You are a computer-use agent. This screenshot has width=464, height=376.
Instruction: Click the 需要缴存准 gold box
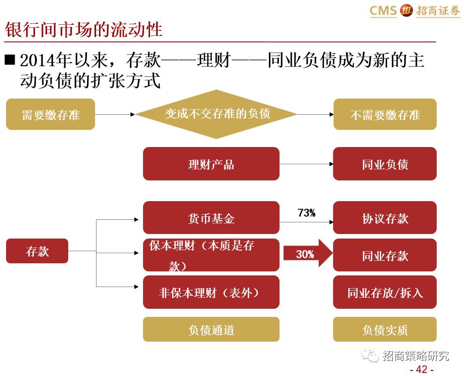[x=50, y=114]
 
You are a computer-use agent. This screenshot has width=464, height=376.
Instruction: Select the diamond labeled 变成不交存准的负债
[x=216, y=114]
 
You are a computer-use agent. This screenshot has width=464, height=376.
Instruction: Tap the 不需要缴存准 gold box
[x=385, y=114]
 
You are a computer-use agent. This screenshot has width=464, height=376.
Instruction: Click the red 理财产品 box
[x=211, y=164]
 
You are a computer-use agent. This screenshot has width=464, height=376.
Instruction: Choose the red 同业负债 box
[x=385, y=164]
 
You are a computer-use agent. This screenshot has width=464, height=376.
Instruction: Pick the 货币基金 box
[x=211, y=218]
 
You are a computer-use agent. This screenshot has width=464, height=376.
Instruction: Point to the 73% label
[x=306, y=213]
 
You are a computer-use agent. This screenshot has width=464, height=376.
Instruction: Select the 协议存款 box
[x=385, y=218]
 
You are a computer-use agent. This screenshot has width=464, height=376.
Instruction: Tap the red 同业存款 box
[x=385, y=255]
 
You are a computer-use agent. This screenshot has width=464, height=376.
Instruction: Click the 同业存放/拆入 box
[x=385, y=293]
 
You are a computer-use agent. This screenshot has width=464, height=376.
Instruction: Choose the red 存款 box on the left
[x=37, y=251]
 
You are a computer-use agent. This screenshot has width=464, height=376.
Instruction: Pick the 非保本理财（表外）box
[x=211, y=292]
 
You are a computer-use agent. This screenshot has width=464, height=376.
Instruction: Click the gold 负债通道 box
[x=211, y=330]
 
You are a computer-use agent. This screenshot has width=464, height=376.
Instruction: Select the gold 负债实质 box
[x=385, y=330]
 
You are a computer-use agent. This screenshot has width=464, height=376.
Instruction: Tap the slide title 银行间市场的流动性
[x=84, y=29]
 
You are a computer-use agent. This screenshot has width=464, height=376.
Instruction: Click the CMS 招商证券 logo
[x=414, y=10]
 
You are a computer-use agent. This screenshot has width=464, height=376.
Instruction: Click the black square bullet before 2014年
[x=10, y=60]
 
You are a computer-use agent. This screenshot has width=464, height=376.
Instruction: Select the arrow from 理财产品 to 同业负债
[x=306, y=164]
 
